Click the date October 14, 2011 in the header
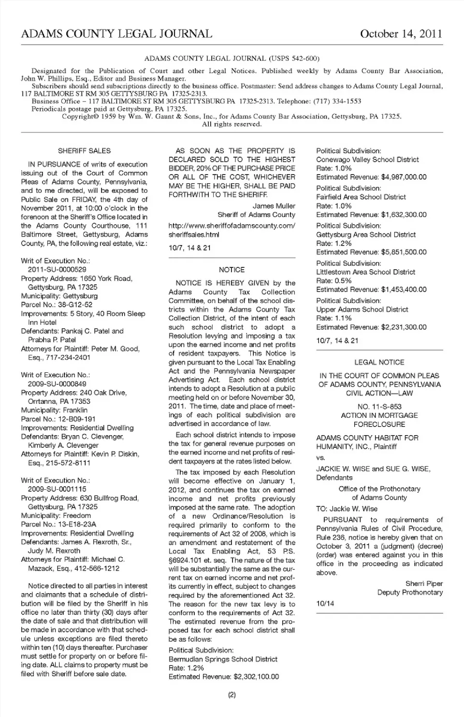coord(401,34)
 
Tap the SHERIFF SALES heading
coord(84,151)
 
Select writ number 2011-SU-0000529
coord(57,270)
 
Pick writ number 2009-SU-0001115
coord(57,489)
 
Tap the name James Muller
coord(274,206)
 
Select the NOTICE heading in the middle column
coord(232,270)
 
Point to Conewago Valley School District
coord(367,160)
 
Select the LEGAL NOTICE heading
coord(379,362)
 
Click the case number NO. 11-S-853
coord(379,407)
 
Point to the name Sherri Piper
coord(424,584)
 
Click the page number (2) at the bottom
coord(232,695)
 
